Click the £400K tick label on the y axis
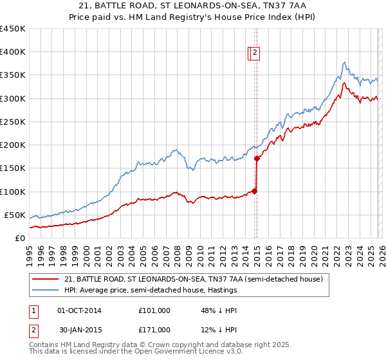(12, 52)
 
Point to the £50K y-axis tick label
(14, 215)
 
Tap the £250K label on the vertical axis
(12, 122)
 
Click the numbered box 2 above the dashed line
(255, 53)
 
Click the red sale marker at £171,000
(257, 158)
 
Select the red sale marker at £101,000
(254, 190)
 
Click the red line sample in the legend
(46, 279)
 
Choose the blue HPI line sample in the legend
(46, 290)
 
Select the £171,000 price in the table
(154, 329)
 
